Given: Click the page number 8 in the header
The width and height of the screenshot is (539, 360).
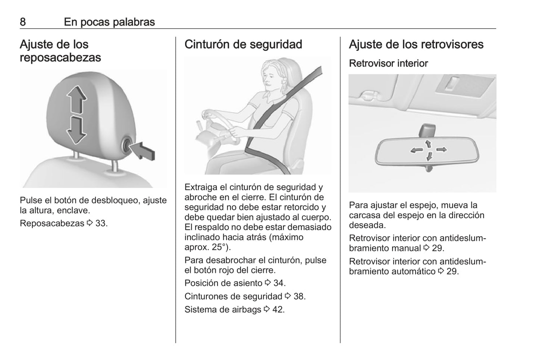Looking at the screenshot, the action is pyautogui.click(x=23, y=22).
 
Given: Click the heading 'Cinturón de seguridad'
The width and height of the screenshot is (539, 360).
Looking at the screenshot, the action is pyautogui.click(x=243, y=44).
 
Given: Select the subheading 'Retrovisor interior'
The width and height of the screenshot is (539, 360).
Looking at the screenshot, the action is pyautogui.click(x=388, y=63).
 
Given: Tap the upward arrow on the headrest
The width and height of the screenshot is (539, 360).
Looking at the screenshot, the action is pyautogui.click(x=77, y=99).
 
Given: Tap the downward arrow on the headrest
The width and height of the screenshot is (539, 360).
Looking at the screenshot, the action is pyautogui.click(x=76, y=130).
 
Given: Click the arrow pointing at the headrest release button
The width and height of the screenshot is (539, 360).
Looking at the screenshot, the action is pyautogui.click(x=143, y=151).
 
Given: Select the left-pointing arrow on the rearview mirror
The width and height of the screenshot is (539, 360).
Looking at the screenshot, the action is pyautogui.click(x=417, y=151).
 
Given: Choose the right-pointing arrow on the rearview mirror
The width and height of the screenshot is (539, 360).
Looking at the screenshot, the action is pyautogui.click(x=442, y=150).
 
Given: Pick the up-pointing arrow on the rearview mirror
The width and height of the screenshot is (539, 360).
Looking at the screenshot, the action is pyautogui.click(x=428, y=144).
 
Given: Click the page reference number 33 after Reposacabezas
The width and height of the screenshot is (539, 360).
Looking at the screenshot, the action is pyautogui.click(x=101, y=223).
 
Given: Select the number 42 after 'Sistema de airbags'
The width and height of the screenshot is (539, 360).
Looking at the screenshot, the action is pyautogui.click(x=278, y=310).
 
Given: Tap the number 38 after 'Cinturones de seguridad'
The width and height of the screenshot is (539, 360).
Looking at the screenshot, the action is pyautogui.click(x=300, y=296).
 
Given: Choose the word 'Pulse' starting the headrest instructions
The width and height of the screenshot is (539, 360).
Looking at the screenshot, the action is pyautogui.click(x=31, y=200).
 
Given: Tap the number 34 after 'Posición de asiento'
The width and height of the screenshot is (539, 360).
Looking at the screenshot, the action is pyautogui.click(x=279, y=283).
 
